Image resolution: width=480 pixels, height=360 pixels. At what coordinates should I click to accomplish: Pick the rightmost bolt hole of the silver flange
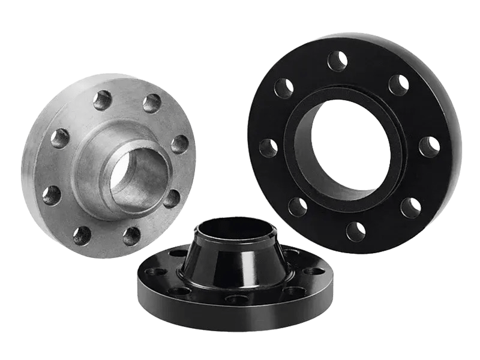(x=178, y=143)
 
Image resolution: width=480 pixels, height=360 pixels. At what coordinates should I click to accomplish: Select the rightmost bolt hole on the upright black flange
(x=428, y=146)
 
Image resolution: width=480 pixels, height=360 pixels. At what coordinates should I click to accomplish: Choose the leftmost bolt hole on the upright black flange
(x=263, y=146)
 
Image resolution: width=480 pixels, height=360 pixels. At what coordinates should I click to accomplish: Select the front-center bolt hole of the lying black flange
(x=235, y=298)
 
